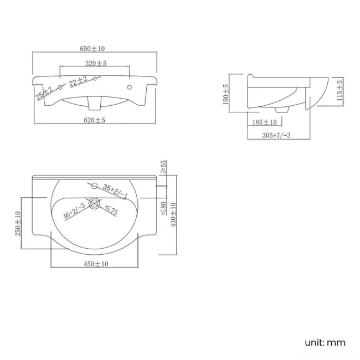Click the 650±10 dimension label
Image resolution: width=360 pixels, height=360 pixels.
92,48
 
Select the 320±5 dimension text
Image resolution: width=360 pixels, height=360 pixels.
96,63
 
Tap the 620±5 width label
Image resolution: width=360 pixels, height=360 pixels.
94,120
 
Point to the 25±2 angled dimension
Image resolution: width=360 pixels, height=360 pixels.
44,93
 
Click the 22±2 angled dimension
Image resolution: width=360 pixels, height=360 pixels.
79,81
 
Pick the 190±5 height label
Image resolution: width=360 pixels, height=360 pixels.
226,94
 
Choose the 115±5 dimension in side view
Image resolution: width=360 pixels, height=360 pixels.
340,90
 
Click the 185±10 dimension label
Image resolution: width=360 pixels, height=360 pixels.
265,122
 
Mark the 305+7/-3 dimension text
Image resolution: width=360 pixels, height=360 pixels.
276,135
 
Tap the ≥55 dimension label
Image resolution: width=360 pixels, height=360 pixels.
163,167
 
